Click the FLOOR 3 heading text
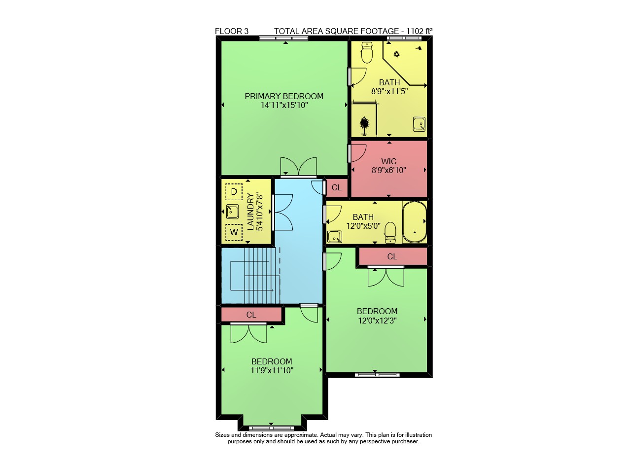232,31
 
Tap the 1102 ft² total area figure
420,31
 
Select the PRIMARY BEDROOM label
284,96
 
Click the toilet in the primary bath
367,52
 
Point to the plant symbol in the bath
365,126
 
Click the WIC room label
389,161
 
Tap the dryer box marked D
234,192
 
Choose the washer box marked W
234,232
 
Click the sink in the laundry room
233,212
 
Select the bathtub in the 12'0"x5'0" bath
415,222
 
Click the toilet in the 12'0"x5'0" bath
390,233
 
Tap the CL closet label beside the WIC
337,187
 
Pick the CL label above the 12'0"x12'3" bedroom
392,256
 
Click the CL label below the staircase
251,315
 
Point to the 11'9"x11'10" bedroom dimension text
272,370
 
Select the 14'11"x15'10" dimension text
284,105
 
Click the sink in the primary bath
419,124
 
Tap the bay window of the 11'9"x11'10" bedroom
271,428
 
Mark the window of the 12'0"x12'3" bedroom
377,375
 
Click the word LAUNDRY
250,212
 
